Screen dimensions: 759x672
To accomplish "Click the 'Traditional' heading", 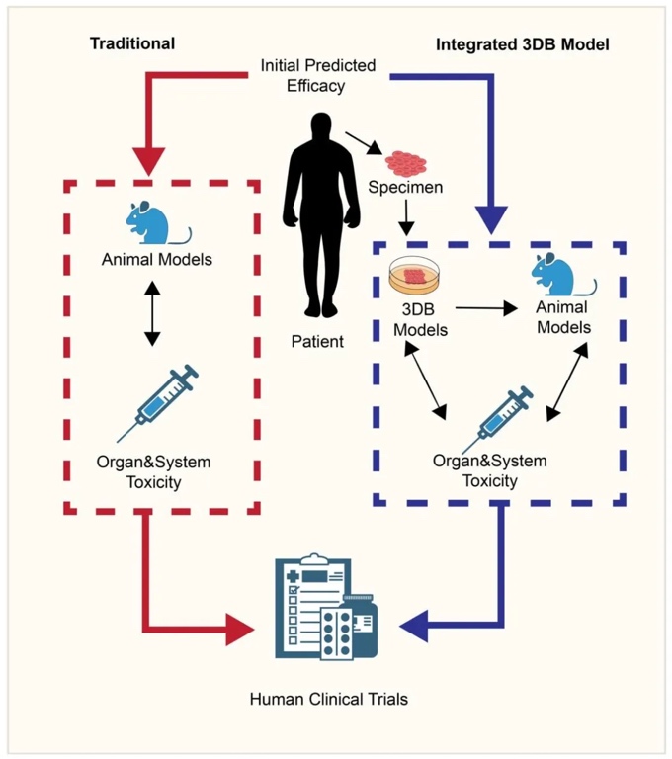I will (x=132, y=43).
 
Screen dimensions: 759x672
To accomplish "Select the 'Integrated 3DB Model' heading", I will (x=523, y=45).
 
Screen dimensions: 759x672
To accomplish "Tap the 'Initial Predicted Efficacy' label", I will (x=318, y=75).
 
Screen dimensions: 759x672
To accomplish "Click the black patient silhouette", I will (x=318, y=212).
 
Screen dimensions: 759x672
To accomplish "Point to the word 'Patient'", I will (x=317, y=342).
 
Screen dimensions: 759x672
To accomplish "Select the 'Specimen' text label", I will (x=405, y=186).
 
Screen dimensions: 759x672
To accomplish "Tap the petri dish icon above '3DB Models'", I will (x=414, y=276).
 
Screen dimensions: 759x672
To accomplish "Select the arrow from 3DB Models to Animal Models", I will (x=484, y=309).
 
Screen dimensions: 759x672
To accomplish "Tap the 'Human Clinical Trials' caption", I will (x=329, y=699).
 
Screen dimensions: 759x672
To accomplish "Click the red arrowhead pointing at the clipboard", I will (x=239, y=628).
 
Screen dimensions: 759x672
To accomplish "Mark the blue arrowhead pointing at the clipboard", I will (x=414, y=626).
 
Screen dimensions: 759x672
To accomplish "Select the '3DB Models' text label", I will (x=421, y=318).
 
